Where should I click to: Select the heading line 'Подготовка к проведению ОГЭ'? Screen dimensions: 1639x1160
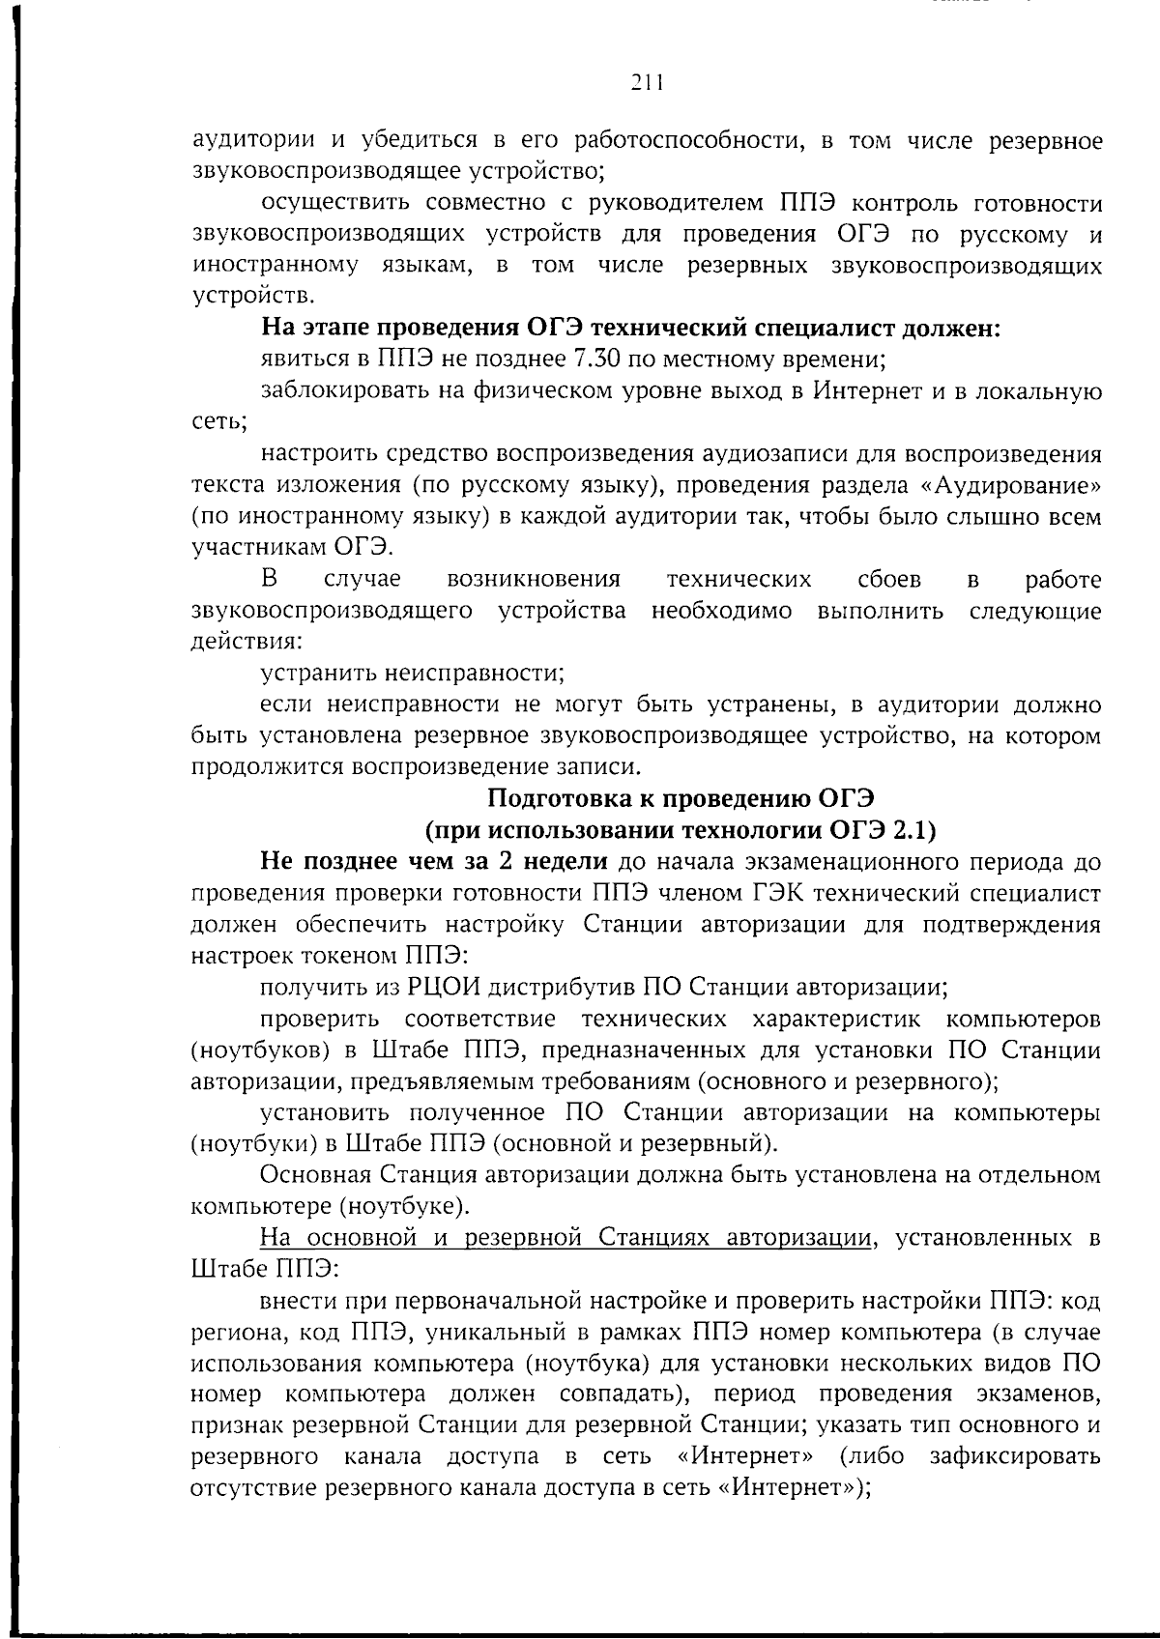tap(681, 798)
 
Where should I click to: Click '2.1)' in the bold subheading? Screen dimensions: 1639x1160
tap(914, 830)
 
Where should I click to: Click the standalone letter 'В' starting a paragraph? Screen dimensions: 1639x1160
tap(270, 580)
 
